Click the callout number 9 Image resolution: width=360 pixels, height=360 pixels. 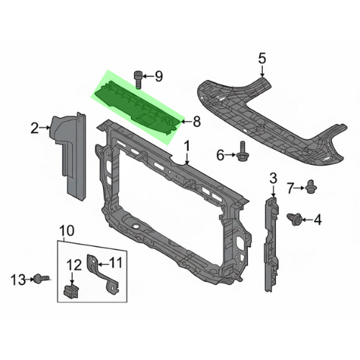pos(158,76)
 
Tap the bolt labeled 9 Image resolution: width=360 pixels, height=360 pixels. pos(138,79)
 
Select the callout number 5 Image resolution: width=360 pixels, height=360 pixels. pos(262,58)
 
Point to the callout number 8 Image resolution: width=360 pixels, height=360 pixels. pos(197,122)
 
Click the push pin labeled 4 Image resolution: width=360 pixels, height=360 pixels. pos(294,219)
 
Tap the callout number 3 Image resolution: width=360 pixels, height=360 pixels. pos(274,179)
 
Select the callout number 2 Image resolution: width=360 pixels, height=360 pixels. pos(35,128)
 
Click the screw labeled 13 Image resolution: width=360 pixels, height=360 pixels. pos(41,279)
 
